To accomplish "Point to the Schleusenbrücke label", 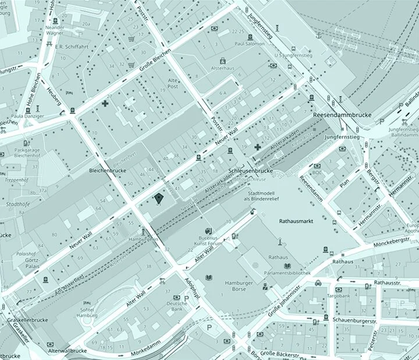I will point(251,172).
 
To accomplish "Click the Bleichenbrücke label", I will point(108,172).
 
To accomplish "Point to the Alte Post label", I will point(172,83).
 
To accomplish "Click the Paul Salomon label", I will point(250,43).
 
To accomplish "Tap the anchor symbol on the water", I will point(318,35).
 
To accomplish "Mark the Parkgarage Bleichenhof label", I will point(27,152).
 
